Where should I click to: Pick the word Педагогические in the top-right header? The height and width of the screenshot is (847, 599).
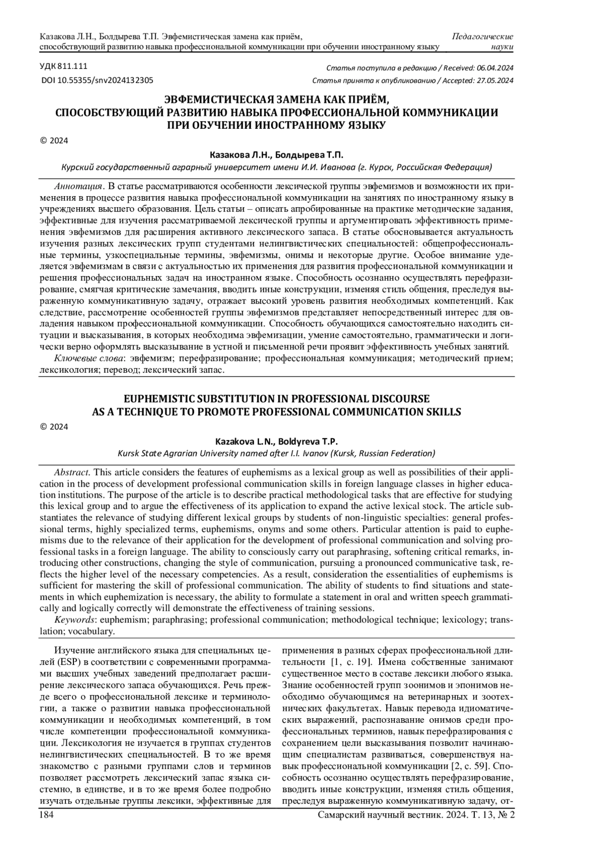[x=483, y=36]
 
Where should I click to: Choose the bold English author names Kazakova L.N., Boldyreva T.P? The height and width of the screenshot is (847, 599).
[x=276, y=441]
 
